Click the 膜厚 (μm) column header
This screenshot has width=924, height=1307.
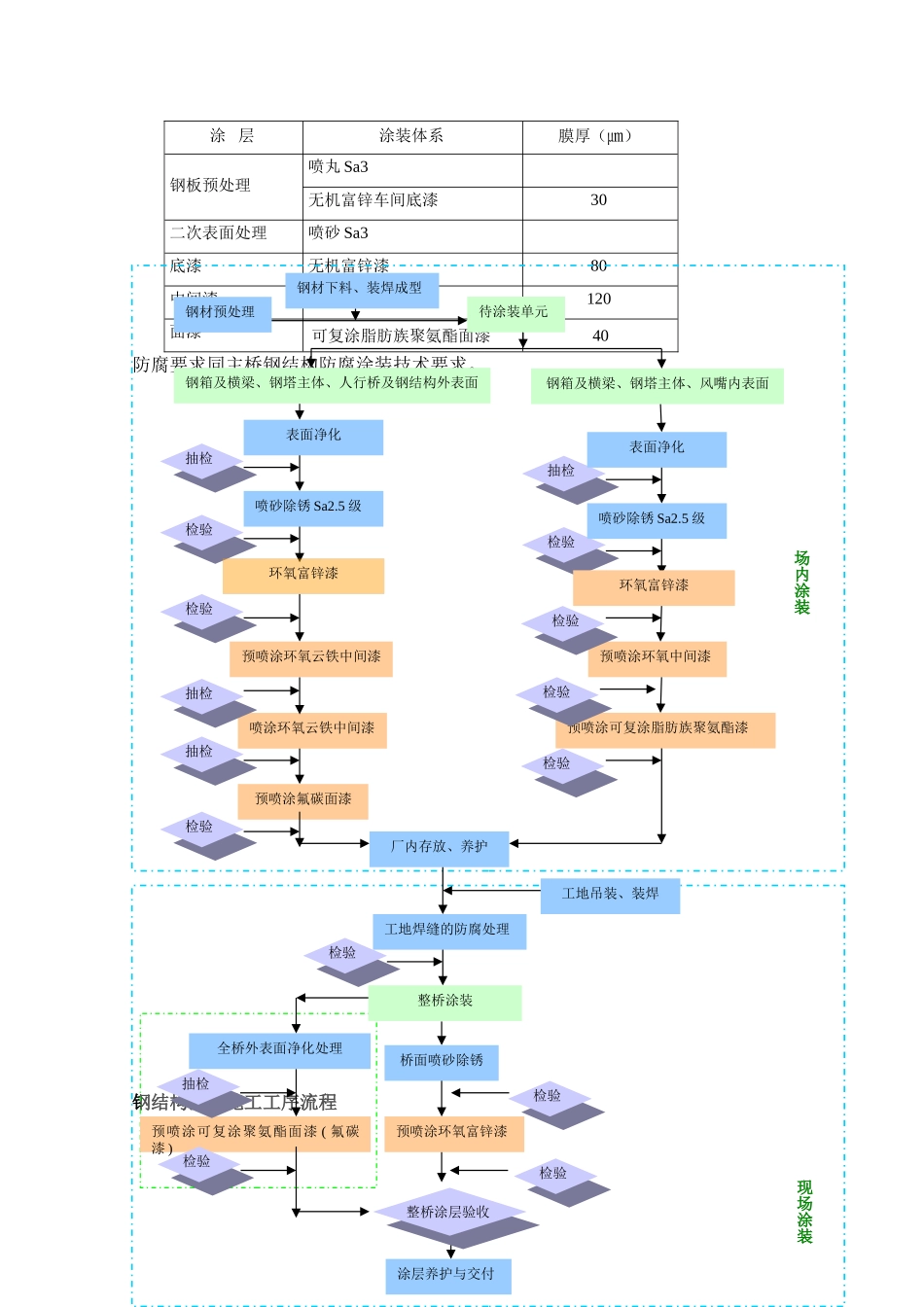tap(598, 136)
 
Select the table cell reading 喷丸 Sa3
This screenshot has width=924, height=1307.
tap(338, 167)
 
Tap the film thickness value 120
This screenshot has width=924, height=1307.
tap(599, 300)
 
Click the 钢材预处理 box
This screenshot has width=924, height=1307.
tap(222, 313)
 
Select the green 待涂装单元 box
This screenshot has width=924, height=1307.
tap(515, 313)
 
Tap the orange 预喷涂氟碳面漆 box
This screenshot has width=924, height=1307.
tap(303, 800)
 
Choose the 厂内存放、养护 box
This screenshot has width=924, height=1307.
tap(440, 848)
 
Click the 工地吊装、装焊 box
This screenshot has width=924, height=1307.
tap(610, 895)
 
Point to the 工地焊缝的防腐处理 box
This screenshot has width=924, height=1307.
tap(448, 931)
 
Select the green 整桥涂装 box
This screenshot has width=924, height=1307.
tap(445, 1002)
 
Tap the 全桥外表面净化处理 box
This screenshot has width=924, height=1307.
tap(280, 1049)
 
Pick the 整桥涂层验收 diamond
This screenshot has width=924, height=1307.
tap(449, 1214)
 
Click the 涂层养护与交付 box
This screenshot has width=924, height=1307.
tap(447, 1275)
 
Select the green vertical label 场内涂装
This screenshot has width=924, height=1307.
tap(802, 583)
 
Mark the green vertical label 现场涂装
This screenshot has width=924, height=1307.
tap(804, 1212)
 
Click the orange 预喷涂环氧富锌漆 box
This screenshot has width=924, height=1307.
tap(453, 1133)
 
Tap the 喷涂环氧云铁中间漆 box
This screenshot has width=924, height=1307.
tap(312, 729)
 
